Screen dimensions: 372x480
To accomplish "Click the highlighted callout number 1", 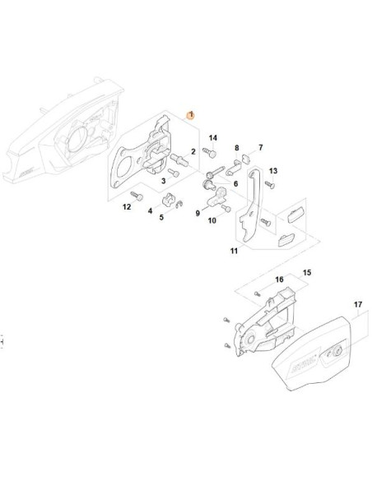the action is coord(191,115).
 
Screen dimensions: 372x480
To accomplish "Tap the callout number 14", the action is coord(213,138).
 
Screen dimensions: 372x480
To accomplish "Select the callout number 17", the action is coord(358,305).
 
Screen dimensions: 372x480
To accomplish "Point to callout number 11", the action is coord(234,251).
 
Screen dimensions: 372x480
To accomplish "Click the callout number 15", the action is coord(307,272).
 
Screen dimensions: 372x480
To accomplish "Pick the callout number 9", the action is coord(198,214).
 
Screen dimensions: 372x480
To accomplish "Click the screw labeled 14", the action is coord(210,152).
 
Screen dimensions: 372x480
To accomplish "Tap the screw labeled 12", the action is coord(137,196).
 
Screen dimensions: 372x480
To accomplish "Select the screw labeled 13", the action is coord(270,185).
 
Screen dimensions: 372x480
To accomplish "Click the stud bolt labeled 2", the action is coord(179,159).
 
